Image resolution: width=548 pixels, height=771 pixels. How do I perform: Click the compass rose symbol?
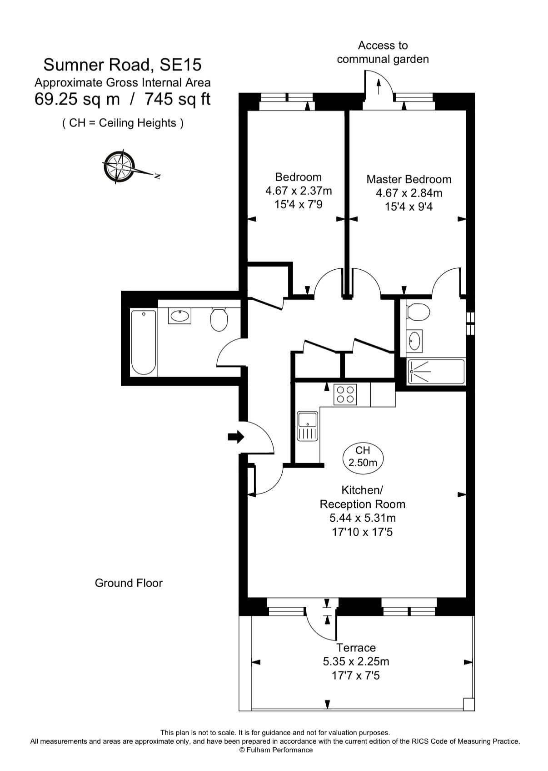[119, 166]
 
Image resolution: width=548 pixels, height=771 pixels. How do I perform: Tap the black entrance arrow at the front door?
[236, 437]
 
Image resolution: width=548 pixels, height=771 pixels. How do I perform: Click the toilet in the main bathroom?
[219, 319]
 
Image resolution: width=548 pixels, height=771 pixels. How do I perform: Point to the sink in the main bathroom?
[179, 316]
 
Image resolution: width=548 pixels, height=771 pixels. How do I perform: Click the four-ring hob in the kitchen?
[345, 394]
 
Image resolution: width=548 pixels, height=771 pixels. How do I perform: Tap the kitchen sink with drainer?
[308, 426]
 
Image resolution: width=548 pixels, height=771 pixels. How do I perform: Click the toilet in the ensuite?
[418, 312]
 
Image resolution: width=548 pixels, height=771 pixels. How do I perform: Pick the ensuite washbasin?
[414, 341]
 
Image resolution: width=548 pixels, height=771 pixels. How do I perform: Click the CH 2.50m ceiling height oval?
[363, 458]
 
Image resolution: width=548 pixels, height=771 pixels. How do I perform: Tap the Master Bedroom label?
[409, 179]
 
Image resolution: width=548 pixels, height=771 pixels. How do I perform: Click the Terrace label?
[356, 647]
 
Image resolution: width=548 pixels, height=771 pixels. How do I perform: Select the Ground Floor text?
[129, 583]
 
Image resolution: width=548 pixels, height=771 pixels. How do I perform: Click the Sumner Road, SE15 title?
[122, 65]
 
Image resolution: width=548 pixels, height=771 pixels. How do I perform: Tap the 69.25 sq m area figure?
[77, 99]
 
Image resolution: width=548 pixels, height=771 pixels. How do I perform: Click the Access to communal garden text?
[383, 52]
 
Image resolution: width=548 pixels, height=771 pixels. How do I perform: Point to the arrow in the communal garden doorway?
[379, 86]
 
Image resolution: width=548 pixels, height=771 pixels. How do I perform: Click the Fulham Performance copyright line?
[276, 750]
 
